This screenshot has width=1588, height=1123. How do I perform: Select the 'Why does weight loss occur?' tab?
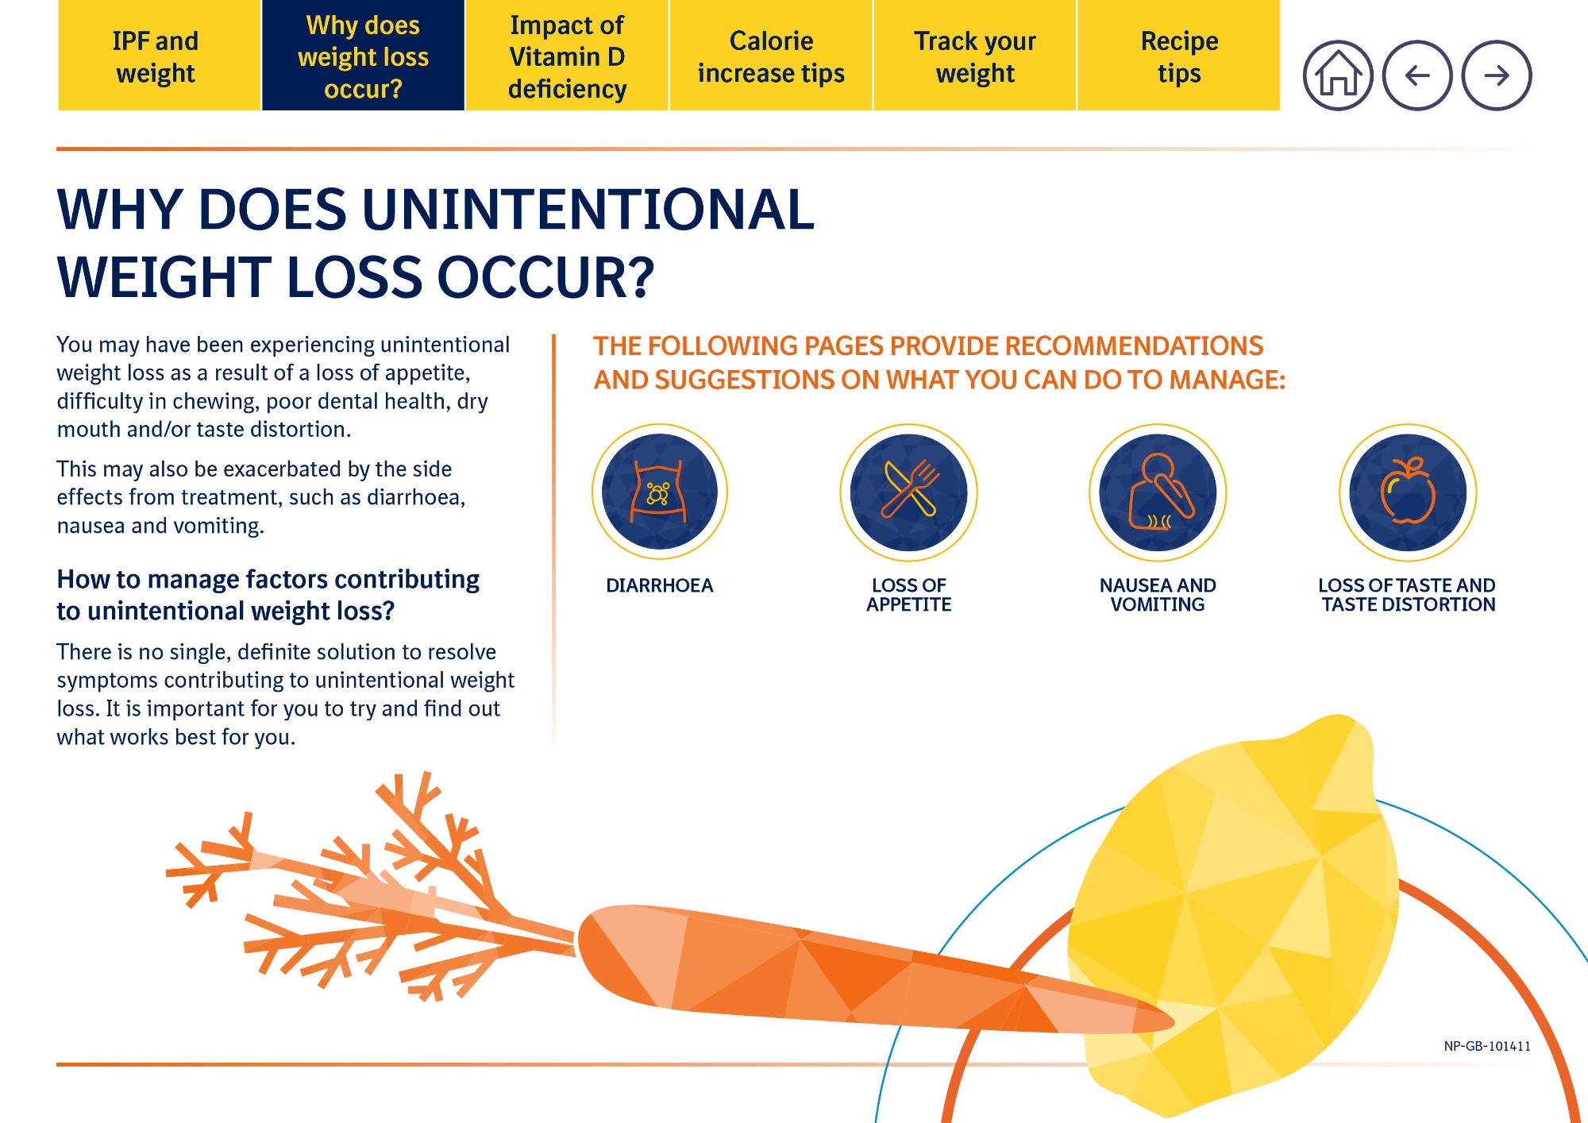point(363,56)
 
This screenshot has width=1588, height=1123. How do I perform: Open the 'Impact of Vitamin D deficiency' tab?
point(567,56)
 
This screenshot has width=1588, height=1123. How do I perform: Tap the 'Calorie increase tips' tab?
point(771,56)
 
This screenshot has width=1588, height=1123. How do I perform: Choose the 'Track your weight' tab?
point(975,56)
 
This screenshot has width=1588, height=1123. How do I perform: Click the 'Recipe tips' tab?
point(1179,56)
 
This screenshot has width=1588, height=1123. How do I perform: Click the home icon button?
point(1338,75)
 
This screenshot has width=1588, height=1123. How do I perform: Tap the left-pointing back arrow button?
point(1417,75)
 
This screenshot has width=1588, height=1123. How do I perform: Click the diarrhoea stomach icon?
point(659,492)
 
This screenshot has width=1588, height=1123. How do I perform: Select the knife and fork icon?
point(909,492)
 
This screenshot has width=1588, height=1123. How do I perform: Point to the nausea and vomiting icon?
point(1158,492)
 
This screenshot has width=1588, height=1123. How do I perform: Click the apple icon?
point(1408,492)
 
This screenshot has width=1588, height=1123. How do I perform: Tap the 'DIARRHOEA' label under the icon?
point(659,585)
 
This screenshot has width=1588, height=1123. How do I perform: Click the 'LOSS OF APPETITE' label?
point(909,595)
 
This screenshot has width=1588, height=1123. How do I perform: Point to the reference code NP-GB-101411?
point(1487,1046)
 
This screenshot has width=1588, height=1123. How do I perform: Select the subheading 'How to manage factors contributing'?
point(268,580)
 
